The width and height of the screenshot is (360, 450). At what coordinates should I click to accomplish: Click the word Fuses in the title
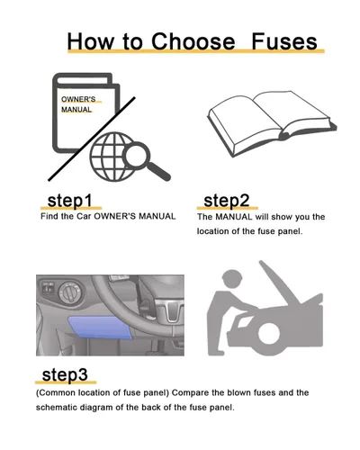284,41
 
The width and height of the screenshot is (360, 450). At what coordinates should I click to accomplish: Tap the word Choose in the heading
193,41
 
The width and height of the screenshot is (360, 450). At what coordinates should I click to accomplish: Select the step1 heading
69,201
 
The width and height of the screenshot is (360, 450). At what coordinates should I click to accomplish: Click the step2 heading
227,201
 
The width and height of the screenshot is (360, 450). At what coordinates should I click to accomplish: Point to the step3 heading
65,374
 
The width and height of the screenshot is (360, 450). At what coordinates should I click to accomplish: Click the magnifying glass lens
136,155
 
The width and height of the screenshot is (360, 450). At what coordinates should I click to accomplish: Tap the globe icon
112,157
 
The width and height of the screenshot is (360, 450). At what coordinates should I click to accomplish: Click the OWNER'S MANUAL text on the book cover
78,104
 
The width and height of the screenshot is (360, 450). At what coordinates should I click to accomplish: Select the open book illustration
272,123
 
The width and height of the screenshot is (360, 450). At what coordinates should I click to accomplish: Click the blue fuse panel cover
101,328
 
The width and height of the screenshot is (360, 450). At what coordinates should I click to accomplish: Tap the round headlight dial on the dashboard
69,292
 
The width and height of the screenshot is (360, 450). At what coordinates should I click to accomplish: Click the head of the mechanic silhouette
232,278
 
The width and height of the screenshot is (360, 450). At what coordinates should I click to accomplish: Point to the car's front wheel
269,333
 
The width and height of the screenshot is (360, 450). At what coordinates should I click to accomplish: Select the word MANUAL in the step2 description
234,217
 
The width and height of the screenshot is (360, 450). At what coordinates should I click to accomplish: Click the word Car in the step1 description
84,216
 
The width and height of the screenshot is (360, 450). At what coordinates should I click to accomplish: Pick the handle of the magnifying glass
158,172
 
